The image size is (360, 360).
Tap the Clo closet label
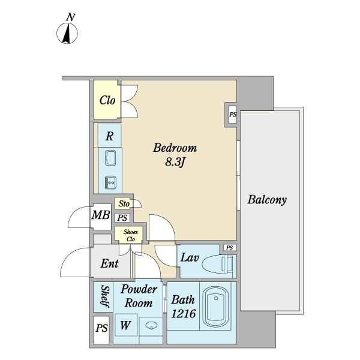[107, 100]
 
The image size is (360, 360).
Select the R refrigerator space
[109, 136]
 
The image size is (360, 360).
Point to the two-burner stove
[110, 181]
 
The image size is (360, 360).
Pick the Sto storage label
[124, 204]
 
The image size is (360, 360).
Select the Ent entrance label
[109, 264]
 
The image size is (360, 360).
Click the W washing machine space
[125, 326]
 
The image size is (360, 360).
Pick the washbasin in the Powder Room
[151, 326]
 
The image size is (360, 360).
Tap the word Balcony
[267, 200]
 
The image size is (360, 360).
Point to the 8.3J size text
[175, 163]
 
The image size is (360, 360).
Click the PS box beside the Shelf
[101, 329]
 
